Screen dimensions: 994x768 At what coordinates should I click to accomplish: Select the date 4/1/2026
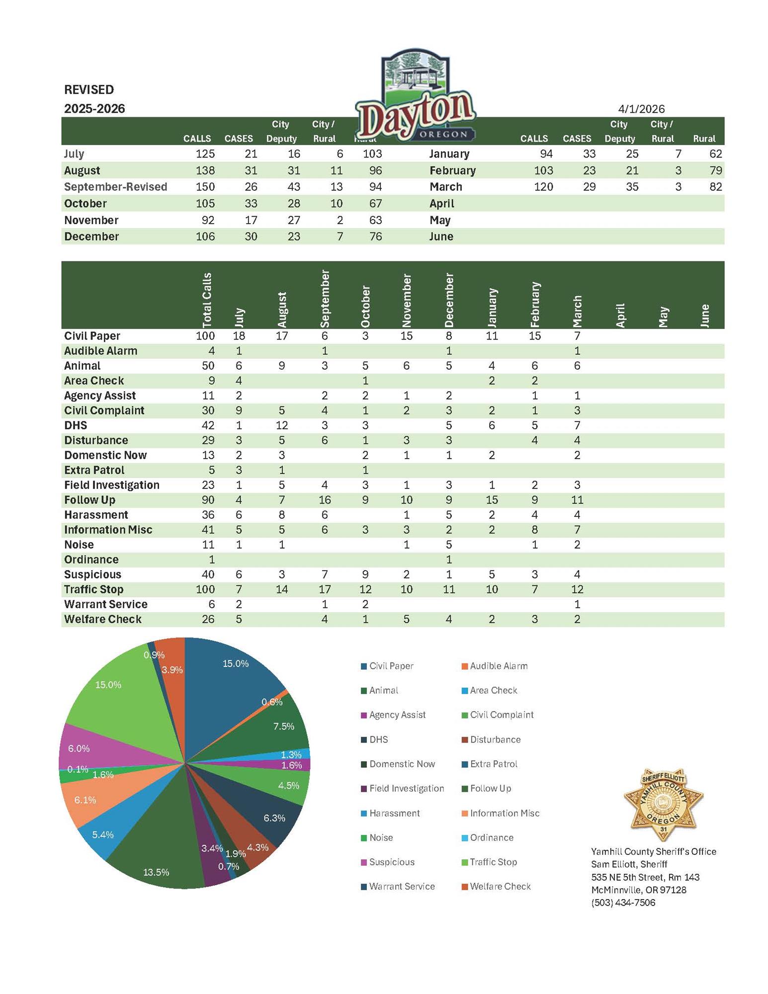click(x=641, y=109)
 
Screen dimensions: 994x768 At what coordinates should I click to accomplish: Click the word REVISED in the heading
click(x=89, y=89)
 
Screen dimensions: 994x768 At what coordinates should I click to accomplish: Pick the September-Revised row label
click(x=115, y=187)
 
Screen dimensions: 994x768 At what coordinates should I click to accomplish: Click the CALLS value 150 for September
click(x=205, y=187)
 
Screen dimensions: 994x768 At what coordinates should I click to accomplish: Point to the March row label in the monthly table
click(x=445, y=187)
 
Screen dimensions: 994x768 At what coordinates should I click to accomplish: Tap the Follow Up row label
click(x=89, y=500)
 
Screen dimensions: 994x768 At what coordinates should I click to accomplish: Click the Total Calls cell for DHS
click(x=208, y=425)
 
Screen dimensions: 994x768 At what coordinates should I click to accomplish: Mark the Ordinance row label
click(x=91, y=560)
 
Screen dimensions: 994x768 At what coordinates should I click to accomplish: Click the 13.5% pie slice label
click(x=156, y=872)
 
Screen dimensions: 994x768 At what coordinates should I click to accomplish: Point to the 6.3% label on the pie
click(x=274, y=818)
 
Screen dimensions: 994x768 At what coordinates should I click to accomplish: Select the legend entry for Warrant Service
click(x=401, y=886)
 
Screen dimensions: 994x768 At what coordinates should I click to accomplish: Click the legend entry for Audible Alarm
click(x=498, y=666)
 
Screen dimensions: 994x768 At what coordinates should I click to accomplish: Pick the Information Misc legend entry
click(x=504, y=813)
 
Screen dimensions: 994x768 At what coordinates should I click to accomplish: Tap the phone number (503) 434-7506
click(x=623, y=903)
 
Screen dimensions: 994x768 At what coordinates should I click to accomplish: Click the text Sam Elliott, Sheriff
click(x=629, y=864)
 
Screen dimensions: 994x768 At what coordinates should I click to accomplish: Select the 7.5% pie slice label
click(x=284, y=726)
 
